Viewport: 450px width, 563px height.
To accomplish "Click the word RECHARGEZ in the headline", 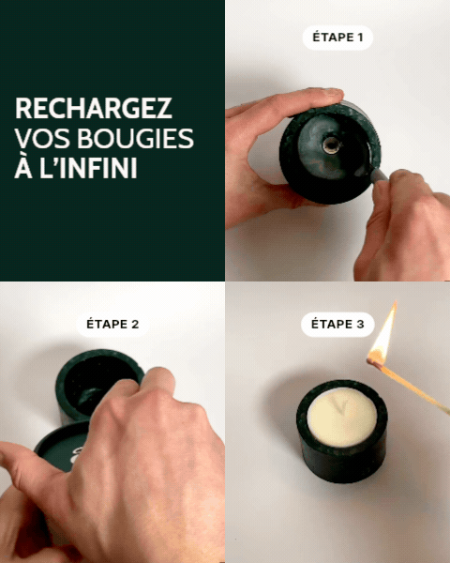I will (93, 108).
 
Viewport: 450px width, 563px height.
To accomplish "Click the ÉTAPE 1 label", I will (337, 38).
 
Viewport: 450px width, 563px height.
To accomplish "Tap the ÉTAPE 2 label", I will (112, 325).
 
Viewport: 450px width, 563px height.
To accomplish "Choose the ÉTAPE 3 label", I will (337, 325).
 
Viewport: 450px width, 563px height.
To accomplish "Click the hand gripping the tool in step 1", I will (408, 225).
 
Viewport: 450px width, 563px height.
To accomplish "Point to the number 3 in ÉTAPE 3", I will (359, 325).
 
